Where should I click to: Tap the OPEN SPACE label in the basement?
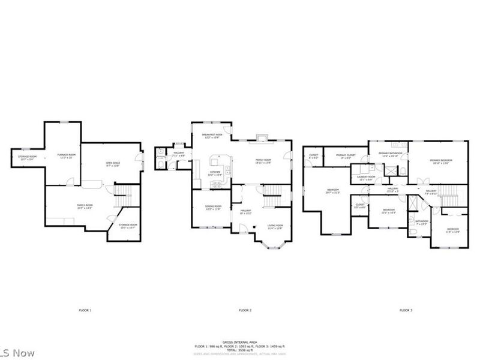(113, 164)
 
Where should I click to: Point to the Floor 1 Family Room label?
(85, 206)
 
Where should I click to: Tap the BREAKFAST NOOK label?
(212, 136)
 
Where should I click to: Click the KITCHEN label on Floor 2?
(214, 173)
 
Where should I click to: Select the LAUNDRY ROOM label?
(366, 178)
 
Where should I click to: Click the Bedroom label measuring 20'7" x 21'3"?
(332, 192)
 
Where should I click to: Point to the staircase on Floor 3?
(449, 193)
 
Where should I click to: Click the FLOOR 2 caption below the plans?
(245, 310)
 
